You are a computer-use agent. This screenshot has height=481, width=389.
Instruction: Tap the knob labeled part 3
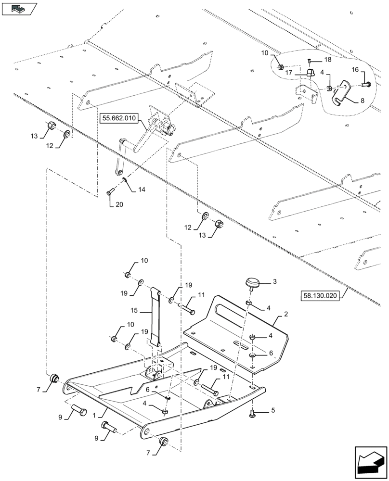253,284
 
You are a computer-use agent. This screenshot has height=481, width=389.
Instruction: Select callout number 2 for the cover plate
285,314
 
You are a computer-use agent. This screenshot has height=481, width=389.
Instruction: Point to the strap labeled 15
156,317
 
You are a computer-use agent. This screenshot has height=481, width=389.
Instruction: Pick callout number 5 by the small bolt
273,412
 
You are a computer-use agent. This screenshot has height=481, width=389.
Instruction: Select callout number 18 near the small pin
327,60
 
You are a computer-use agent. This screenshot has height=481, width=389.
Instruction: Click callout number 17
290,73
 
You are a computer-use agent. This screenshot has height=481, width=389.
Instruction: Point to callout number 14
141,190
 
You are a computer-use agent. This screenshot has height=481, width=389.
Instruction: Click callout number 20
119,204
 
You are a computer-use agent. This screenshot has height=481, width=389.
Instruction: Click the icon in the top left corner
19,8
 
